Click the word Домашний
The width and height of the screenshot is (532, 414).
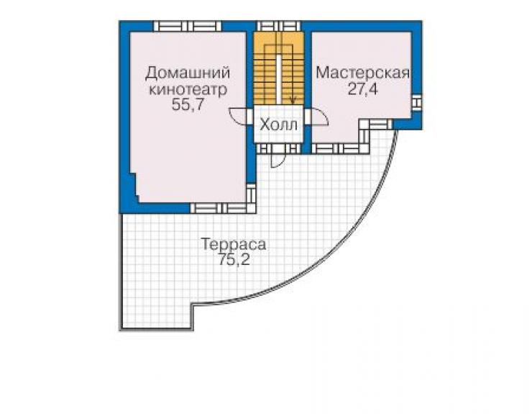188,73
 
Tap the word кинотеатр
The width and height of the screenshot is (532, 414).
188,90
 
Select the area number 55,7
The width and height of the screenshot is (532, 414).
188,104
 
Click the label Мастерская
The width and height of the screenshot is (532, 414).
362,73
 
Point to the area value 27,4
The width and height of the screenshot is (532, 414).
362,89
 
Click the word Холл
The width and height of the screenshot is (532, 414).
278,125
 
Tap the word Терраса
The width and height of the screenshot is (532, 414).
234,244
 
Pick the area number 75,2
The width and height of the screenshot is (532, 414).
234,260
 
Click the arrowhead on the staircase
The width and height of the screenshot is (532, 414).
293,100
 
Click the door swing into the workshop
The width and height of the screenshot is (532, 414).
318,117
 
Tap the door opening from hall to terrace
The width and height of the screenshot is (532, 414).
278,159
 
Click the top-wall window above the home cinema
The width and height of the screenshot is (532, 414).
188,26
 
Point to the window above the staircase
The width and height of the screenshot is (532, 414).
278,26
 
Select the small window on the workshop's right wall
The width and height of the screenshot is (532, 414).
417,102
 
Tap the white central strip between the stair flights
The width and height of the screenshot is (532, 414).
278,79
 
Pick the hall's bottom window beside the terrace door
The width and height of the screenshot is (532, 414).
278,148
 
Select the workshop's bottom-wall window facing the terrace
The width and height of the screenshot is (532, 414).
339,148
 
